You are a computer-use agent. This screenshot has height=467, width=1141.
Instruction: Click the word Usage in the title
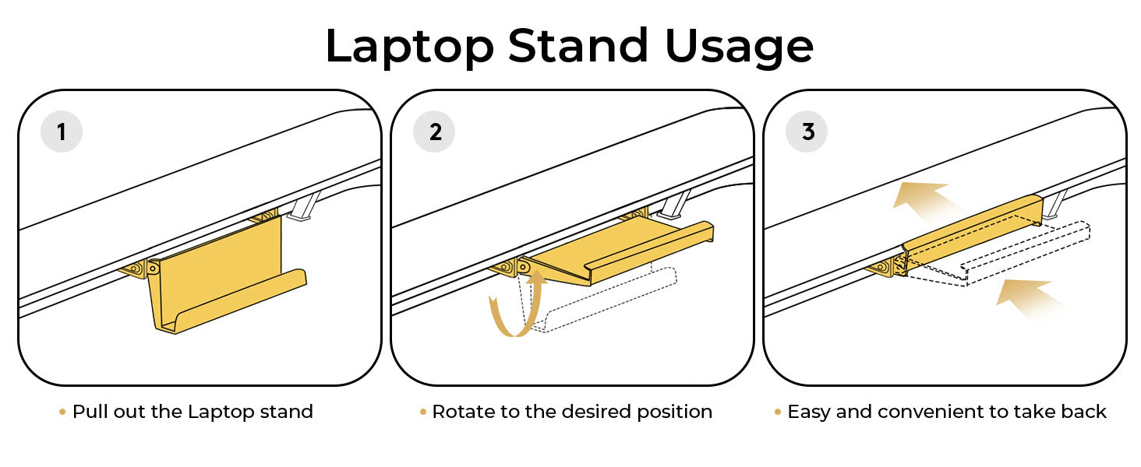[739, 46]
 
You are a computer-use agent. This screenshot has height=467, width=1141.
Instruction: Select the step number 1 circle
[62, 132]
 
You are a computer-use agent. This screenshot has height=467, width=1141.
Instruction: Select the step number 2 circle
[434, 132]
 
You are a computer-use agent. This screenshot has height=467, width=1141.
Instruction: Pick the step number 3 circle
[807, 132]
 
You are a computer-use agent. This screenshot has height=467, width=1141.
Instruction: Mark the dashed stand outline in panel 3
[998, 255]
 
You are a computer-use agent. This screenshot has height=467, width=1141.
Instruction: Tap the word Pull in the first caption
[90, 411]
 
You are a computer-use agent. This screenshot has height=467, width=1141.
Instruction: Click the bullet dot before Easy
[777, 412]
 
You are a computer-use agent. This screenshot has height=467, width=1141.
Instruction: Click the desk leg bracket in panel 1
[305, 206]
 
